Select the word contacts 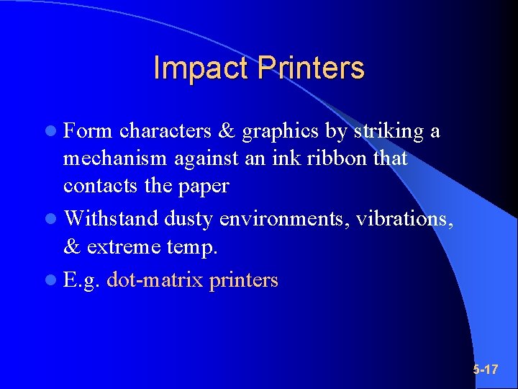pos(99,185)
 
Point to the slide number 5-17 pos(486,370)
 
